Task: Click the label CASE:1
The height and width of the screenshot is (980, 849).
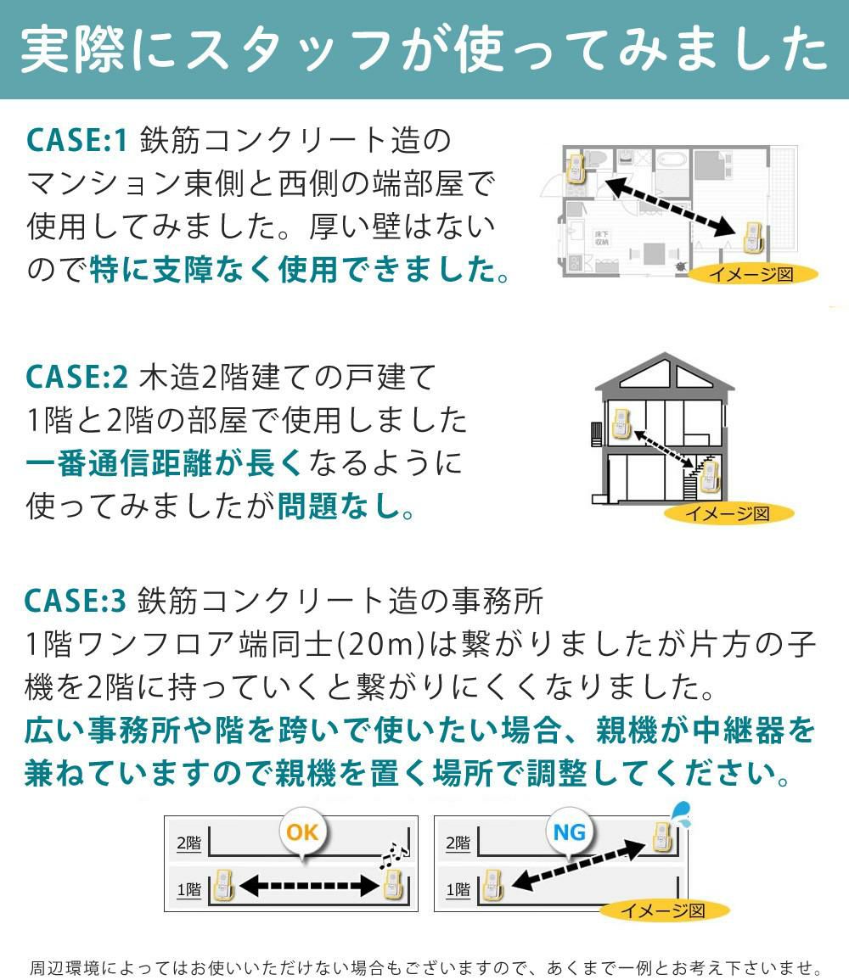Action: [x=76, y=140]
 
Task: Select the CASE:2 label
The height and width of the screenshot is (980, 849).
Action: [x=76, y=375]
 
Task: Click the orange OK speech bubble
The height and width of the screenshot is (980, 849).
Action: [x=302, y=832]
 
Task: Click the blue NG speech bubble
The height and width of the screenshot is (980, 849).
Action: [x=570, y=832]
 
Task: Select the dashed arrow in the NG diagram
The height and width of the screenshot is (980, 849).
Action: [x=577, y=865]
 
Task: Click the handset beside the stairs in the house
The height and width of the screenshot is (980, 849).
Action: [x=710, y=477]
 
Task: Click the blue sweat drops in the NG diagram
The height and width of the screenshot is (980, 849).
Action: [x=682, y=814]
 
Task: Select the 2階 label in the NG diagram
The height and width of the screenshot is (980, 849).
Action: [x=458, y=843]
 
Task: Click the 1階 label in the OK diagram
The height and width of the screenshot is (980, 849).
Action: [x=189, y=890]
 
